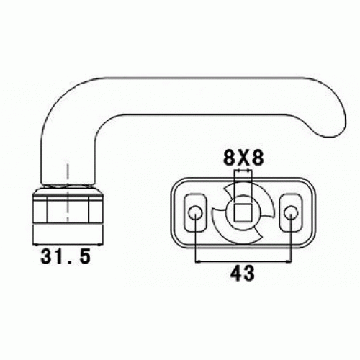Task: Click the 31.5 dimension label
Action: click(66, 256)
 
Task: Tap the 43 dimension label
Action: click(243, 274)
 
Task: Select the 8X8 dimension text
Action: click(243, 158)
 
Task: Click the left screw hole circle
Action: click(195, 212)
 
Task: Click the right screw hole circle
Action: click(291, 212)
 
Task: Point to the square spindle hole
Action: click(243, 212)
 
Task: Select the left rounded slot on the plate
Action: click(195, 212)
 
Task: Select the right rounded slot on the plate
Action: click(291, 212)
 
